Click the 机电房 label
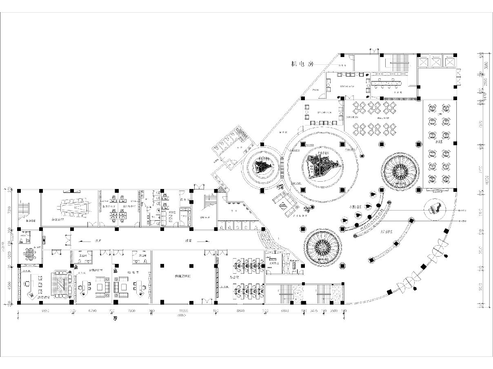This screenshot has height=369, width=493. tap(302, 64)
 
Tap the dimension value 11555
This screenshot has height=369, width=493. tap(184, 311)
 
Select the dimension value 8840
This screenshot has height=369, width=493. tap(240, 311)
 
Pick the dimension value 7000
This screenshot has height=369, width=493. tap(131, 311)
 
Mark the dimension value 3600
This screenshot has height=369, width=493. tap(333, 311)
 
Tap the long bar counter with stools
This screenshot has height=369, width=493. tap(386, 83)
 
